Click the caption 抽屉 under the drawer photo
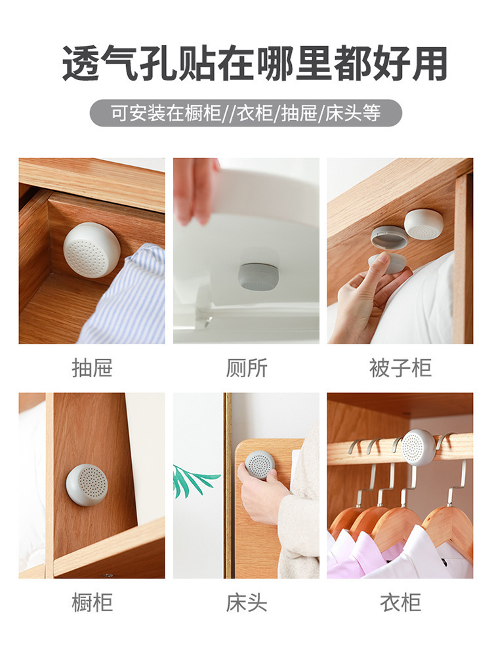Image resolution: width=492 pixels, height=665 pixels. click(x=92, y=368)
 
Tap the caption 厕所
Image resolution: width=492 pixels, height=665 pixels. click(x=247, y=368)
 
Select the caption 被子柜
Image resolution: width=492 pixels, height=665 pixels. click(x=400, y=368)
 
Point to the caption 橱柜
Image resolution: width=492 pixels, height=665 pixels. click(x=92, y=602)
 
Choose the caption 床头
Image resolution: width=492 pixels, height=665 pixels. click(x=247, y=602)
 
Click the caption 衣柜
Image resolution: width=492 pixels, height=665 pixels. click(x=400, y=602)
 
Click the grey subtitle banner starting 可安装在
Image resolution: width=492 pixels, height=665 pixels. click(x=245, y=113)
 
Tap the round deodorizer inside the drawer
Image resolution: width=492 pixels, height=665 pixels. click(x=91, y=251)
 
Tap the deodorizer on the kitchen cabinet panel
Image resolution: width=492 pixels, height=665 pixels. click(x=88, y=484)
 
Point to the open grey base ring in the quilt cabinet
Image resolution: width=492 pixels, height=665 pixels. click(x=390, y=236)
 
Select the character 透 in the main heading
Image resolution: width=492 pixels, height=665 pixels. click(x=81, y=64)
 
